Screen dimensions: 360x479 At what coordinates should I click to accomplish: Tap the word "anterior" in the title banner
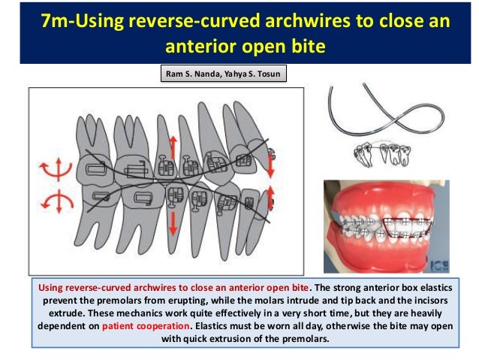(196, 46)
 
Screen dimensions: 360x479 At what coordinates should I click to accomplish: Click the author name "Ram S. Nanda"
(191, 74)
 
